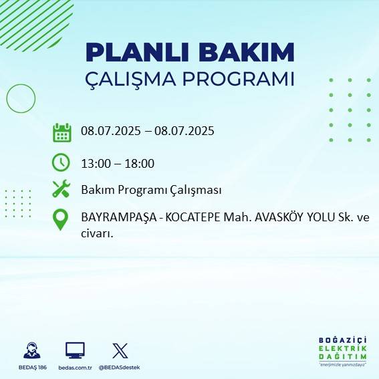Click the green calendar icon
pyautogui.click(x=61, y=132)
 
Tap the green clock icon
pyautogui.click(x=61, y=162)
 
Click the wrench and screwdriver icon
pyautogui.click(x=61, y=189)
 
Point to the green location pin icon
pyautogui.click(x=61, y=219)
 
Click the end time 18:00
pyautogui.click(x=140, y=163)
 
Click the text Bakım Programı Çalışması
pyautogui.click(x=151, y=190)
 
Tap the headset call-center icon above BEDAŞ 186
pyautogui.click(x=31, y=350)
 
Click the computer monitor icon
pyautogui.click(x=75, y=350)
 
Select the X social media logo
pyautogui.click(x=120, y=350)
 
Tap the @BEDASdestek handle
pyautogui.click(x=120, y=368)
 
